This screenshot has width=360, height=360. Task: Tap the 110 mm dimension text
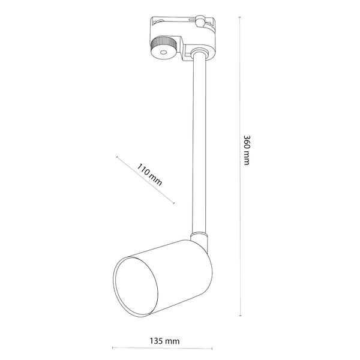[149, 174]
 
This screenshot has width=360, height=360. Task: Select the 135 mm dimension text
[164, 340]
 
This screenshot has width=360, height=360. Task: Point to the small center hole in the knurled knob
[162, 53]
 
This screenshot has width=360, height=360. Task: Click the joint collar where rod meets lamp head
[197, 236]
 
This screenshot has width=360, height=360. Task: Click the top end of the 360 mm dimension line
[241, 18]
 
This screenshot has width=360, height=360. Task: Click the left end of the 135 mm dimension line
[113, 347]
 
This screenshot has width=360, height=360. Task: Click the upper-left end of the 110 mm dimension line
[117, 157]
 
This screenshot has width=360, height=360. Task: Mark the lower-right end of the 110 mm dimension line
[174, 203]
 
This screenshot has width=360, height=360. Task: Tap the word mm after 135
[173, 340]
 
